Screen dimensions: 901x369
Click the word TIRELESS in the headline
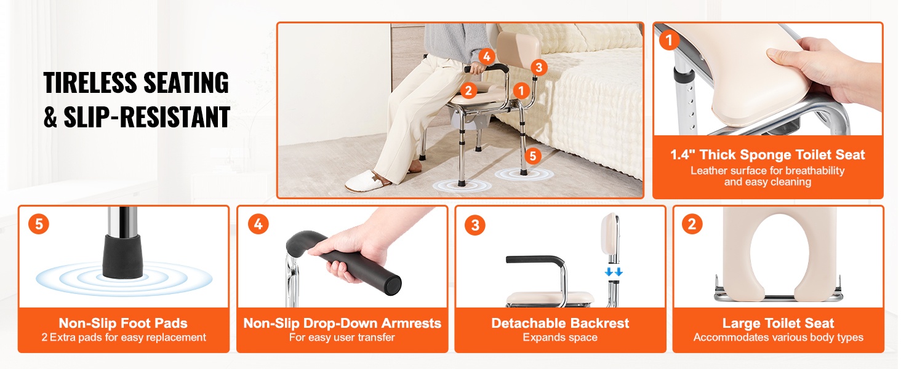point(90,82)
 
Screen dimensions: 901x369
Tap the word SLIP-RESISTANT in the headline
point(147,117)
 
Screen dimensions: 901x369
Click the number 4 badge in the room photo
point(487,57)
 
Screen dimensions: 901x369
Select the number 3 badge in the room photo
point(539,68)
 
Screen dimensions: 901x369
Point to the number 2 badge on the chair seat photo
point(468,91)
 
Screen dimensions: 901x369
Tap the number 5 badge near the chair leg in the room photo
point(532,156)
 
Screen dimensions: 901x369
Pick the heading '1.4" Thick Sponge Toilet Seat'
point(767,155)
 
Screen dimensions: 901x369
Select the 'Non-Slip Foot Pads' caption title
point(123,323)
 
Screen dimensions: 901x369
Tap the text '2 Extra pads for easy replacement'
point(124,337)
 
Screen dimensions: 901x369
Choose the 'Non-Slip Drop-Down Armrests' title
point(342,323)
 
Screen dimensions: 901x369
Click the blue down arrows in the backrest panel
point(614,272)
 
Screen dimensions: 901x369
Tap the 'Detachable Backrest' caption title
point(560,323)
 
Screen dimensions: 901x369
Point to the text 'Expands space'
point(560,337)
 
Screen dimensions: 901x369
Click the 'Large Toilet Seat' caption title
point(779,323)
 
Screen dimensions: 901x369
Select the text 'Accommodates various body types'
point(779,337)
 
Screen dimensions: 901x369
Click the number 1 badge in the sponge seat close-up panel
point(670,40)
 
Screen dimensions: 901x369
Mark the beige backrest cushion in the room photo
point(518,50)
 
